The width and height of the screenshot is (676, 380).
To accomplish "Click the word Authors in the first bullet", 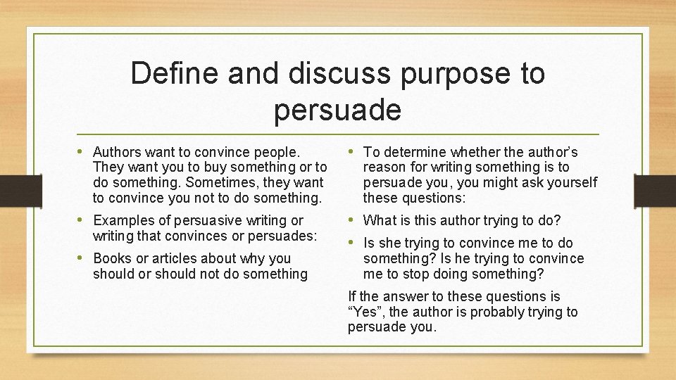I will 118,152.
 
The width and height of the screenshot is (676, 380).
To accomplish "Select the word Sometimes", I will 216,183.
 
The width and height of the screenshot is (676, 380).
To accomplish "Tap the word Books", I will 112,258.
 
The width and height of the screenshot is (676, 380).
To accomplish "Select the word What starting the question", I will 379,221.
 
